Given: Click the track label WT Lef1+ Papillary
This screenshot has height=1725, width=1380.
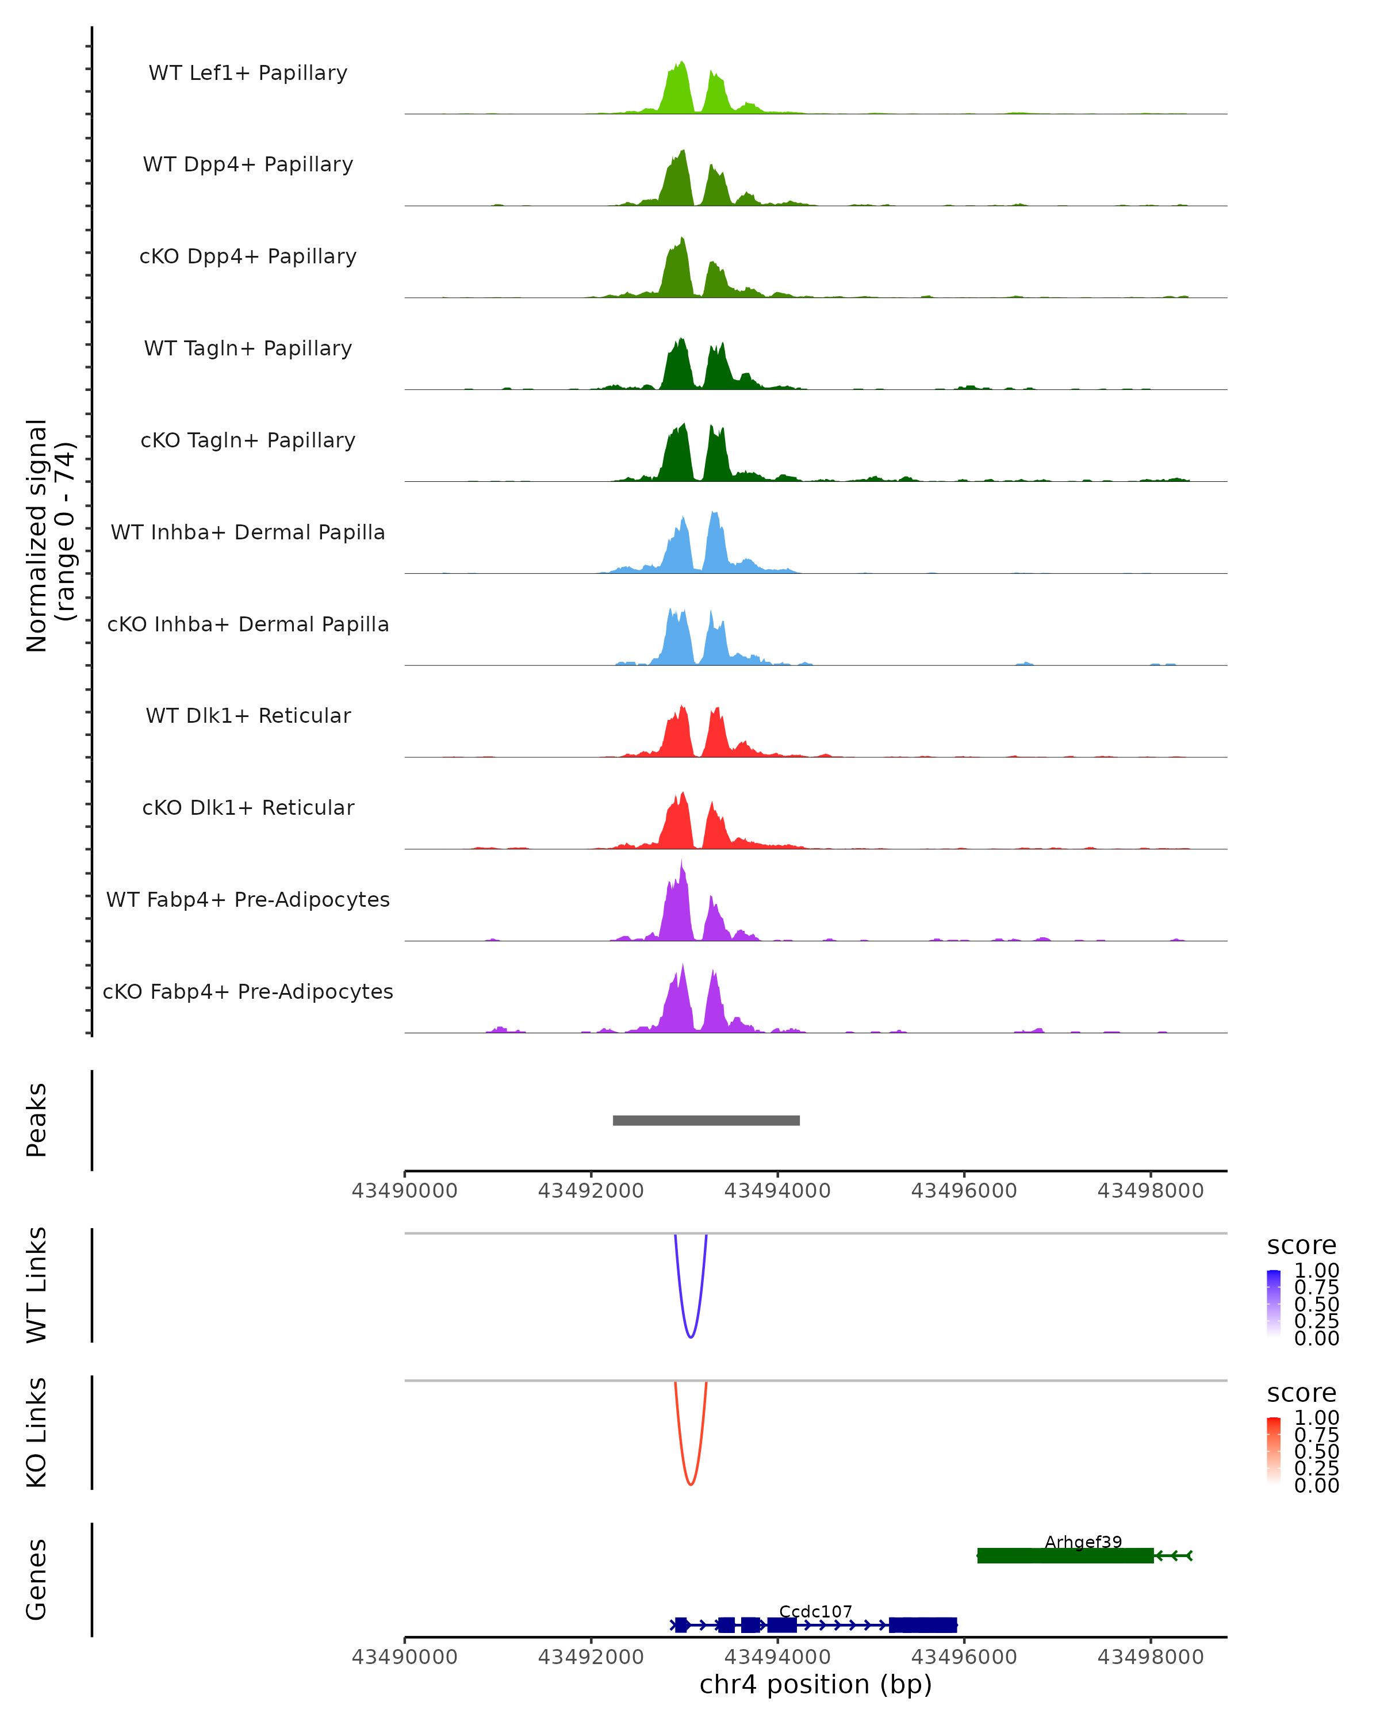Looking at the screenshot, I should pyautogui.click(x=248, y=73).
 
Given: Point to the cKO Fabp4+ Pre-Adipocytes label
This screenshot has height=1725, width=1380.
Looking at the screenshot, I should pyautogui.click(x=248, y=991).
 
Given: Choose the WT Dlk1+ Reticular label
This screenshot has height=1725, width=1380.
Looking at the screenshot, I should pyautogui.click(x=248, y=715).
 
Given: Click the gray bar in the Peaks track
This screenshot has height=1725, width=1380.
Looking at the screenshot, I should pyautogui.click(x=706, y=1120).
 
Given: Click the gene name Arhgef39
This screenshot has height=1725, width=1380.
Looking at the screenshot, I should pyautogui.click(x=1083, y=1542).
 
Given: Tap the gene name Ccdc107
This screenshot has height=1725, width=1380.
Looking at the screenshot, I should pyautogui.click(x=815, y=1611).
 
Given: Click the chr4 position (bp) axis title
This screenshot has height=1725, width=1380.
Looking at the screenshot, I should pyautogui.click(x=815, y=1684).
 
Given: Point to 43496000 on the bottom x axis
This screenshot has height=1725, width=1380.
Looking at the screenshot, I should pyautogui.click(x=964, y=1656).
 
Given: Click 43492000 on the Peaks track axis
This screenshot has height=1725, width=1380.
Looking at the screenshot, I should pyautogui.click(x=591, y=1191).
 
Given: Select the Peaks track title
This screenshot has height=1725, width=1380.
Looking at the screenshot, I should pyautogui.click(x=37, y=1120).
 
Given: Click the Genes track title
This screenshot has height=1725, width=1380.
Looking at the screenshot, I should pyautogui.click(x=37, y=1580).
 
